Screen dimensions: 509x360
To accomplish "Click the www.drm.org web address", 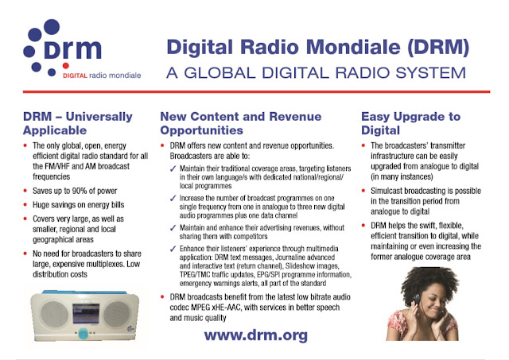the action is [x=256, y=335].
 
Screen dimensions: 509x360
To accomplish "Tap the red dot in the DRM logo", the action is [x=65, y=65].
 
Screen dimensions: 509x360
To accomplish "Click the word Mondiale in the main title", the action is [x=353, y=48].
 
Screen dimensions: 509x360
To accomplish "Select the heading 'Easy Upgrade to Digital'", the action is [x=410, y=123].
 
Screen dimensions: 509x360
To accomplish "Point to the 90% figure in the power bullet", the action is [x=80, y=191].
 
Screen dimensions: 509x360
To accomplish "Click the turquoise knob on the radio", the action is [x=83, y=333].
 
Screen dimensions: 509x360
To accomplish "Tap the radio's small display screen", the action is [x=86, y=314].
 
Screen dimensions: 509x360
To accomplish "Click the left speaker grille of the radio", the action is [x=55, y=314].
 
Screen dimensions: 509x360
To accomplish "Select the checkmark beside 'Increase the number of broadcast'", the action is [x=173, y=198].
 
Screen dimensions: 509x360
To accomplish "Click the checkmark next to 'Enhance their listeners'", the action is [x=173, y=249].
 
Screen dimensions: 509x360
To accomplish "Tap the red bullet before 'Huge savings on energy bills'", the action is [x=25, y=205].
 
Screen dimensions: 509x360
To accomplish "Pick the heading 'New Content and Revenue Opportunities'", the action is [x=240, y=123].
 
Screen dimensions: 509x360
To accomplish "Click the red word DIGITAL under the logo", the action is [x=75, y=75].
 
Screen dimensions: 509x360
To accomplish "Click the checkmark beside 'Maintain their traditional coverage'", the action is [x=173, y=168].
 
